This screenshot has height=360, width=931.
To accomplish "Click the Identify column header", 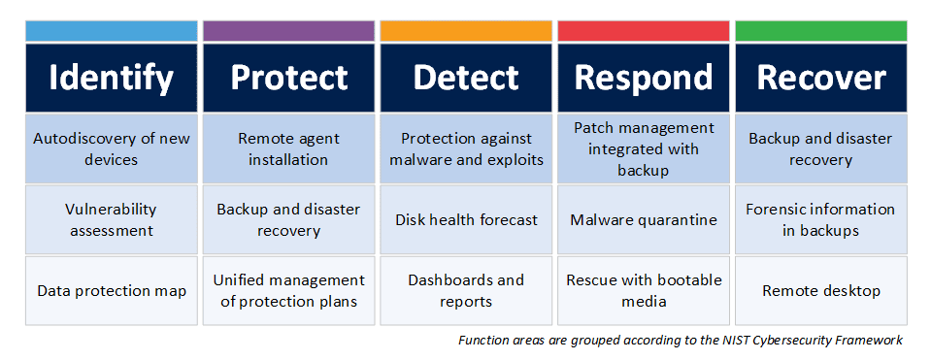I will click(x=112, y=78).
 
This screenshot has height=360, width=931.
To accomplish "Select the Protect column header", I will click(x=288, y=78).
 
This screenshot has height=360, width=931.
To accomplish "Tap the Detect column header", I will click(x=466, y=78).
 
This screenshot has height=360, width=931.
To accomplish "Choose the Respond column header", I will click(x=644, y=78).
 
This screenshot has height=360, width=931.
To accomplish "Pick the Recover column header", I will click(x=820, y=78).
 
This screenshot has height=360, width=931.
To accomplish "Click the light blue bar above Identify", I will click(x=112, y=30).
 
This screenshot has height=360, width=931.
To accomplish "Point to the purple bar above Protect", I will click(x=288, y=30).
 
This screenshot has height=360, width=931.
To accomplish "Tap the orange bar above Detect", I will click(x=466, y=30).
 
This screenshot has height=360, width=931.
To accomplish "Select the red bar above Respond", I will click(x=644, y=30).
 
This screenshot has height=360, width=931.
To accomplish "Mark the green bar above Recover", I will click(x=820, y=30).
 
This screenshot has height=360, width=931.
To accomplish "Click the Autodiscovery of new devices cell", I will click(x=112, y=148).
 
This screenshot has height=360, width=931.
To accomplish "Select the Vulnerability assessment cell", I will click(x=112, y=219).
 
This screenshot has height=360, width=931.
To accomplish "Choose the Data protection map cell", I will click(x=112, y=290).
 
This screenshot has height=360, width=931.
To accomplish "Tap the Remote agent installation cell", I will click(x=288, y=148).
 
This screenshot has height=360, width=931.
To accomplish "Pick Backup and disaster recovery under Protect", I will click(x=288, y=219).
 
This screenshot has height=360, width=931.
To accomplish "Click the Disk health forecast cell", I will click(x=466, y=219).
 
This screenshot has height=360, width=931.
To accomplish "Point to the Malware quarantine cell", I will click(x=644, y=219).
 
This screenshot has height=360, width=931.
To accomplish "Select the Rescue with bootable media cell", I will click(x=644, y=290).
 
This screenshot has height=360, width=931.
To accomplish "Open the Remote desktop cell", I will click(x=820, y=290).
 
